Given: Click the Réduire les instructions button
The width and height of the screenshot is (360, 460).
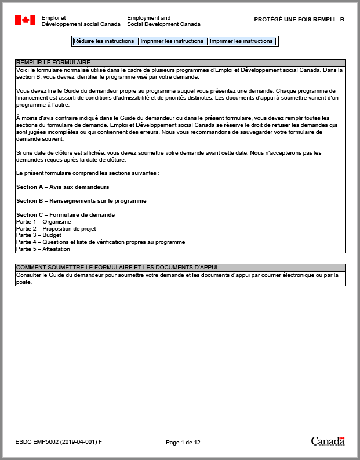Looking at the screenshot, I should coord(105,41).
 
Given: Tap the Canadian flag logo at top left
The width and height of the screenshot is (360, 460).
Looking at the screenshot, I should coord(25,21).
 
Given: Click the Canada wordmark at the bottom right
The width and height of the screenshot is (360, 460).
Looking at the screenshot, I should coord(328,442).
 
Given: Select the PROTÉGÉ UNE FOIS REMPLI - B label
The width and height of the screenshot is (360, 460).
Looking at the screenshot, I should coord(299,20).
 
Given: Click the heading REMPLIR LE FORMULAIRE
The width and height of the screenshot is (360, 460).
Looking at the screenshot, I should coord(53,62).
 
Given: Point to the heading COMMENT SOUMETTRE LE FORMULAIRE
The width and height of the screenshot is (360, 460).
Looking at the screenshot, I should coord(117,267).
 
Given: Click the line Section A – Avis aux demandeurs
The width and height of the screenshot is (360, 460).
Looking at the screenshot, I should coord(63,187).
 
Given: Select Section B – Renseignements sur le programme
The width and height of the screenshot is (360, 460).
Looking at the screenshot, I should coord(81,201).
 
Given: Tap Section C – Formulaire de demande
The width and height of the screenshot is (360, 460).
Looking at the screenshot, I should coord(66,215).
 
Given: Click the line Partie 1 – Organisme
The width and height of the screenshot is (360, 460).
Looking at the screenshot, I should coord(43,221).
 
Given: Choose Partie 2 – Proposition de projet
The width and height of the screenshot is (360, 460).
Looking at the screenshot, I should coord(56,228).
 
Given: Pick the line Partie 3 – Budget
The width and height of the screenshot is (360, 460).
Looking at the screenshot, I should coord(39,235).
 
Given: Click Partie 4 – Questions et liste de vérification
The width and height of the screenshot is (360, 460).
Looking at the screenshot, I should coord(100,242).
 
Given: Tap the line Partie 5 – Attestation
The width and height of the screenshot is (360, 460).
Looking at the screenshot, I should coord(43,249).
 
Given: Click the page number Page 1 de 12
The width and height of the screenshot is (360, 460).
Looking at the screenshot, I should coord(183,443).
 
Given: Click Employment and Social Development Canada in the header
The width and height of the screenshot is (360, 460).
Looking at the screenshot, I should coord(163,21).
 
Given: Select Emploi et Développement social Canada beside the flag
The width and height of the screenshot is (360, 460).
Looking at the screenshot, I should coord(81,21).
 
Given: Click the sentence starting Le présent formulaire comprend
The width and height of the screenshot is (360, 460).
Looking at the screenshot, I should coord(88,173).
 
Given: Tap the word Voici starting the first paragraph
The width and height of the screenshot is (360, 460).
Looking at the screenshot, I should coord(23,70).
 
